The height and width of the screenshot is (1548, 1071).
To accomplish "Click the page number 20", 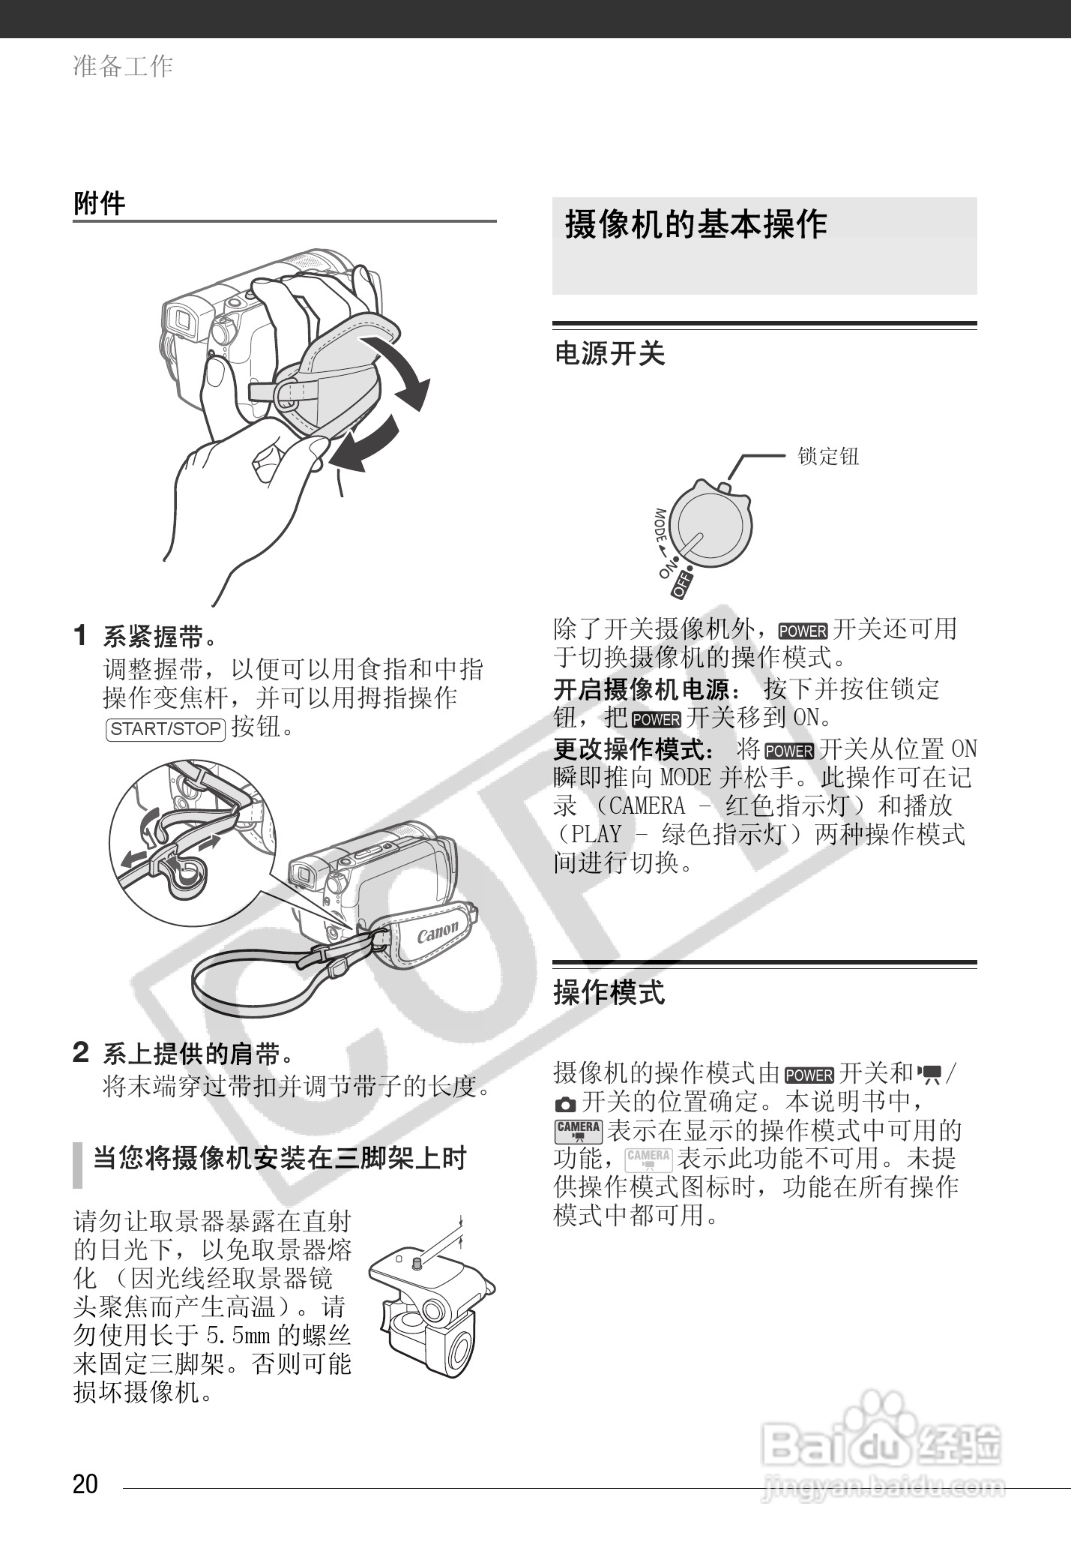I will pos(85,1484).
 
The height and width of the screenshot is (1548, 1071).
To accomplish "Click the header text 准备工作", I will pos(123,66).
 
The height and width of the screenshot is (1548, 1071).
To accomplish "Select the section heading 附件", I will pos(100,203).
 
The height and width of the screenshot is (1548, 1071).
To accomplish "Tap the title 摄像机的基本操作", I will pos(696,224).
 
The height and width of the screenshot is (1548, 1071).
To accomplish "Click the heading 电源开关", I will pos(609,353).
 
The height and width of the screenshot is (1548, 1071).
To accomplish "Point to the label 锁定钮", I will pos(827,456).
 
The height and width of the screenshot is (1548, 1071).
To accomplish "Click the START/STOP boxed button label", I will pos(166,728).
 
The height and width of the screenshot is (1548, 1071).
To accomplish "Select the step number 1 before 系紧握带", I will pos(81,636).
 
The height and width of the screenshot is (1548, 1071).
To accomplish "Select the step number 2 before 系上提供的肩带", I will pos(81,1053).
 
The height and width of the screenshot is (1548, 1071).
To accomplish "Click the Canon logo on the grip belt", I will pos(437,934).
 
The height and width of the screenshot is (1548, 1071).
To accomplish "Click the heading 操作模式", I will pos(609,993).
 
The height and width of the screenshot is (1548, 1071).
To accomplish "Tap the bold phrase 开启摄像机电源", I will pos(640,688).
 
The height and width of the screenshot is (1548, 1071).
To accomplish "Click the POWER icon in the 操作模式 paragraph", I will pos(809,1075).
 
